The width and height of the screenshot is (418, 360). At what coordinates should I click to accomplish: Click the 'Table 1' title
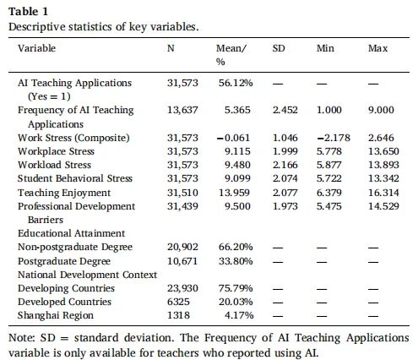tap(28, 12)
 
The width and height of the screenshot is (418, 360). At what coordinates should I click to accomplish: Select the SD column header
tap(279, 48)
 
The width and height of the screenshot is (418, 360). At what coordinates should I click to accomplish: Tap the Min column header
tap(325, 48)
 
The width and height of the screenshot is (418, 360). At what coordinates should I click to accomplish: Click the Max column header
tap(377, 48)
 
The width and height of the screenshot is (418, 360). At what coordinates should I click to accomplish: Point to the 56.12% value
tap(236, 83)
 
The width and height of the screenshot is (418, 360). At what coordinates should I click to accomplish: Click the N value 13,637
tap(182, 110)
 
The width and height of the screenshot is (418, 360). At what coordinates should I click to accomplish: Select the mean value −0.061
tap(233, 138)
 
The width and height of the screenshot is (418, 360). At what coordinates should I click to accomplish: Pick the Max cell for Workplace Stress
tap(383, 151)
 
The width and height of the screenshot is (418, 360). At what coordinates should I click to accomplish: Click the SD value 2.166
tap(285, 165)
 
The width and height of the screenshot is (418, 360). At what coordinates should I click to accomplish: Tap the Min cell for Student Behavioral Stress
tap(329, 178)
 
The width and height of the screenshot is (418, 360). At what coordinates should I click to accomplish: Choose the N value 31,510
tap(182, 193)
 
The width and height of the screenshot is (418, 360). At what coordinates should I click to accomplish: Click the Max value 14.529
tap(383, 206)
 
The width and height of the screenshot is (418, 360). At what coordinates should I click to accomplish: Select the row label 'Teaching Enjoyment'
tap(64, 193)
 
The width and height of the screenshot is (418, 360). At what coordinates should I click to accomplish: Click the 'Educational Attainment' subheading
tap(71, 233)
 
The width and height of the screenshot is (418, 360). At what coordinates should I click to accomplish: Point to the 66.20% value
tap(236, 247)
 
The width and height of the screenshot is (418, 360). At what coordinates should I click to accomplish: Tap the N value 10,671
tap(182, 261)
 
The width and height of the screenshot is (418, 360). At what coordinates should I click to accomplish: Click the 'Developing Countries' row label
tap(66, 288)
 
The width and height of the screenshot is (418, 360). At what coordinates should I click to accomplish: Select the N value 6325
tap(178, 302)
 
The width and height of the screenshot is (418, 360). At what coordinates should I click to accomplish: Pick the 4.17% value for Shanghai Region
tap(239, 315)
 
